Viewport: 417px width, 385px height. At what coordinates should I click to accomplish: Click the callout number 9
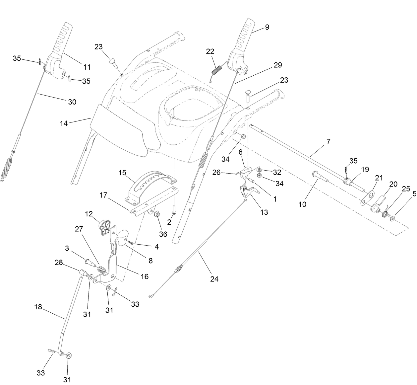(267, 27)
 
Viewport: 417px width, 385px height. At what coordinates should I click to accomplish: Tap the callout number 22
(210, 51)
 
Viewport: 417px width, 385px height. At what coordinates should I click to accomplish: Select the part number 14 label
(64, 123)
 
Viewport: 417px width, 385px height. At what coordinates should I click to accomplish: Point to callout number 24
(214, 279)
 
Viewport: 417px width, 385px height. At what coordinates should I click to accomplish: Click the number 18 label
(38, 307)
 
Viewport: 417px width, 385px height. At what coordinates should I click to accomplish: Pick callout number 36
(163, 234)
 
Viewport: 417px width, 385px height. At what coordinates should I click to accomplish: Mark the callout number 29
(278, 65)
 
